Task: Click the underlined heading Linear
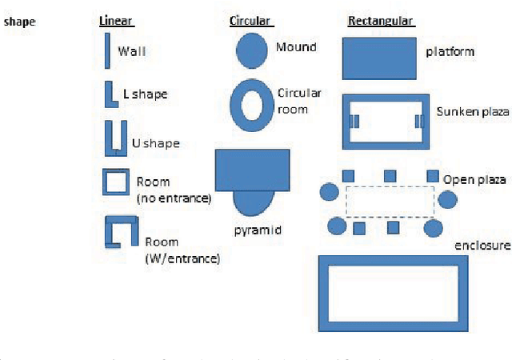(116, 21)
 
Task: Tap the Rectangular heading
(380, 21)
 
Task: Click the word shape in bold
(20, 22)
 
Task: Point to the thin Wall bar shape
(107, 52)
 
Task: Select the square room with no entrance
(114, 182)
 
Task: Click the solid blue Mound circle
(251, 50)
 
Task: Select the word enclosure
(481, 245)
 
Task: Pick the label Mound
(296, 46)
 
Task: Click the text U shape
(155, 143)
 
